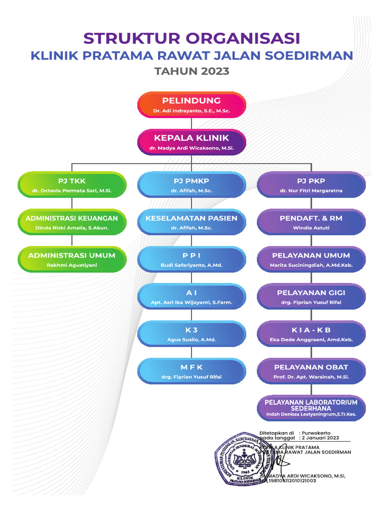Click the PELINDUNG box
191,105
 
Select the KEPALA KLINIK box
191,142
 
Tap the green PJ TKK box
72,185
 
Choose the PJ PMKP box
191,185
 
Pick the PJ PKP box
311,185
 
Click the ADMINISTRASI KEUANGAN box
72,222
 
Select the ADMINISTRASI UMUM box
72,259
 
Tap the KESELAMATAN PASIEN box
191,222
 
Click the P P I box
191,259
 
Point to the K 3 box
191,334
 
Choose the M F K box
191,371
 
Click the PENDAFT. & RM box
311,222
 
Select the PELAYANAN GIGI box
311,297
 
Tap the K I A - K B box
311,334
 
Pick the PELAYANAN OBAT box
311,371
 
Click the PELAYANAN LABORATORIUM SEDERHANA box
311,408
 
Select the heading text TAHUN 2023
191,71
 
